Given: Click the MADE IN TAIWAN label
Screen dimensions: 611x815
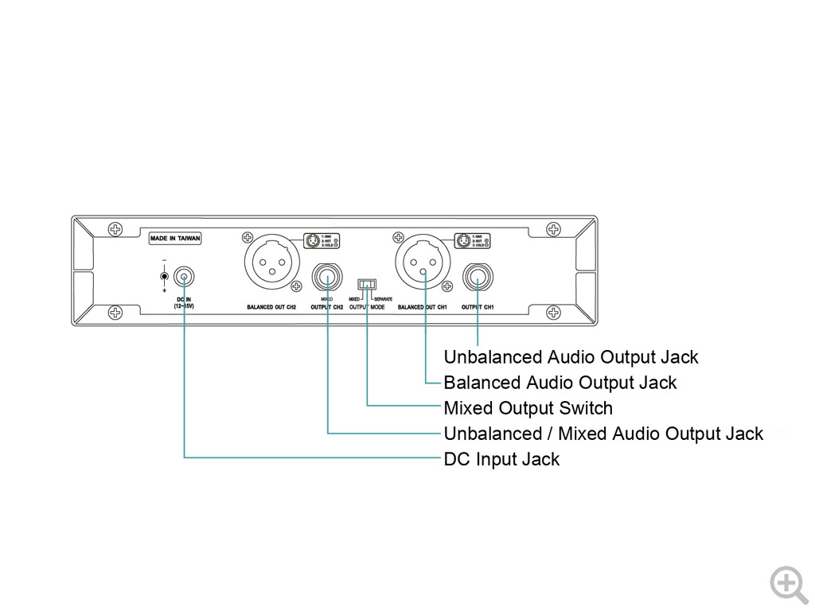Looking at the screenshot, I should click(x=176, y=238).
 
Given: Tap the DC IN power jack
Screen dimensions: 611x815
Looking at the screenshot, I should click(x=184, y=278).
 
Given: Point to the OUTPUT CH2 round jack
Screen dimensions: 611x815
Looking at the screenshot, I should click(x=327, y=278).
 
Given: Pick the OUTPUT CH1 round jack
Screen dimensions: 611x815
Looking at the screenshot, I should click(x=478, y=278).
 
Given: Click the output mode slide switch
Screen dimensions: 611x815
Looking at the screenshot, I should click(x=367, y=284).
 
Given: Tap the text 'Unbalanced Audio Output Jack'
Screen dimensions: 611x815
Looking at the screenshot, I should click(x=571, y=357).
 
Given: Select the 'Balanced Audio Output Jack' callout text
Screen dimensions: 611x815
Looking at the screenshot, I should click(x=560, y=383).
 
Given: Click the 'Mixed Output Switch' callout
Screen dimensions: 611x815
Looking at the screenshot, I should click(x=528, y=409).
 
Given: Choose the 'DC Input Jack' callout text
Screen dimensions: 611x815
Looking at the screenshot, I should click(x=501, y=460).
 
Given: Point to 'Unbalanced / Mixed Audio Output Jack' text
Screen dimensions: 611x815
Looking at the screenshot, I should click(x=603, y=434).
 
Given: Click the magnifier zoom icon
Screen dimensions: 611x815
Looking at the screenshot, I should click(x=788, y=584).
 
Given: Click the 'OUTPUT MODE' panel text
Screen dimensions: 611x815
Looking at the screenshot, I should click(x=367, y=306).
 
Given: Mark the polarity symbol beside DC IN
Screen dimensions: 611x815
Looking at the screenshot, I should click(x=164, y=276).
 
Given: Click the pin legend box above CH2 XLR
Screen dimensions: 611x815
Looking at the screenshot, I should click(x=322, y=240).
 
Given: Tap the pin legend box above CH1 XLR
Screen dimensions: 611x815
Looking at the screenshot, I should click(x=472, y=240).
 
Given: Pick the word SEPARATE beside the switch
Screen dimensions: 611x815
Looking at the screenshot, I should click(x=383, y=298).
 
